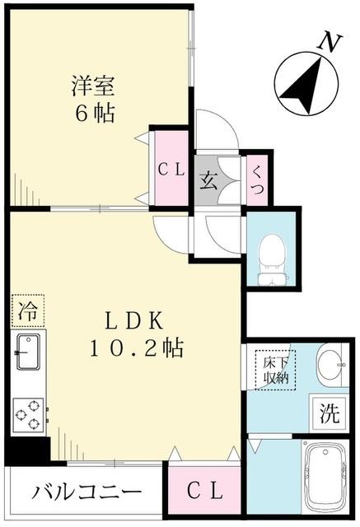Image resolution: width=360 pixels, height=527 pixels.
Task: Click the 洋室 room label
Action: click(x=91, y=85)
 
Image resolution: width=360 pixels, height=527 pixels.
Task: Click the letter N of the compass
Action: click(x=331, y=42)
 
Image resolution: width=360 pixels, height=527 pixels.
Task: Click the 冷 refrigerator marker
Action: click(x=26, y=311)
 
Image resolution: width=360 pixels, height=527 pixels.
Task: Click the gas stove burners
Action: click(x=27, y=414)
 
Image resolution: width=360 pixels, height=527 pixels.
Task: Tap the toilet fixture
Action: click(x=269, y=255)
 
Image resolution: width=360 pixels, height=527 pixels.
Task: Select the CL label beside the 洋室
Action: click(x=172, y=170)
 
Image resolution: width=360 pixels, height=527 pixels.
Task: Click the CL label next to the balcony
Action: click(x=205, y=491)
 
